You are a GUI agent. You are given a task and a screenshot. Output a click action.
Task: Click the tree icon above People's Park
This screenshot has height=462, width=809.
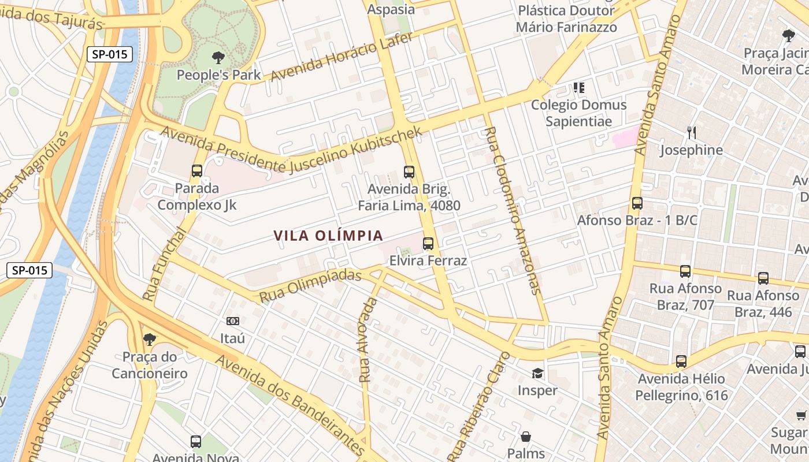tap(218, 57)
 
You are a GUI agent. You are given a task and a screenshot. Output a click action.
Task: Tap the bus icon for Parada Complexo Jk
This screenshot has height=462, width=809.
tap(197, 171)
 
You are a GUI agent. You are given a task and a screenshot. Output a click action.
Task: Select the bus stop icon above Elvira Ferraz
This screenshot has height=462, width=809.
tap(428, 244)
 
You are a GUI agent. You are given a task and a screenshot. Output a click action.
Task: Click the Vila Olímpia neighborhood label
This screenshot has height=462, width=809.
tap(328, 236)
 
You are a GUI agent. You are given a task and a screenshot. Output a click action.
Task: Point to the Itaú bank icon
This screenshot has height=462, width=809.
tap(233, 321)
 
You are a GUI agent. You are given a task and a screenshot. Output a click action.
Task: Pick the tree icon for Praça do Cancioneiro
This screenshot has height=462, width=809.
tap(150, 340)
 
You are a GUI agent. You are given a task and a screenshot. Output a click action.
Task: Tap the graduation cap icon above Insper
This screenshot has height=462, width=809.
tap(537, 373)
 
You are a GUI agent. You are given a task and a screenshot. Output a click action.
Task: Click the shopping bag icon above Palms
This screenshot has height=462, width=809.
tap(526, 436)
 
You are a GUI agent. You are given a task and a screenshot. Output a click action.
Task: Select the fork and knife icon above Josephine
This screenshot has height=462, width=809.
tap(692, 133)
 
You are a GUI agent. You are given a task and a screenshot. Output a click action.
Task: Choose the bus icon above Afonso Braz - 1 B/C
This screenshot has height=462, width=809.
tap(637, 203)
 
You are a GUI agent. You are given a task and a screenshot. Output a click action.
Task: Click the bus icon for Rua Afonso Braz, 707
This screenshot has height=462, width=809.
tap(685, 271)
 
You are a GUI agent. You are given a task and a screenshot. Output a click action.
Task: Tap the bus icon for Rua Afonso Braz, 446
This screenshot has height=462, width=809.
tap(763, 278)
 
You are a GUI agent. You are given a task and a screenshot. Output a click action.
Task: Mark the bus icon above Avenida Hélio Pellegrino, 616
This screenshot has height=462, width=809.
tap(681, 362)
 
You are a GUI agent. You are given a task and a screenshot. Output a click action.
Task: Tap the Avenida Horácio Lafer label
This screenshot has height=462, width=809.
tap(342, 56)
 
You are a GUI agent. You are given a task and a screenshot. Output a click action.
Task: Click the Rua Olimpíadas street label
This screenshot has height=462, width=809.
tap(310, 285)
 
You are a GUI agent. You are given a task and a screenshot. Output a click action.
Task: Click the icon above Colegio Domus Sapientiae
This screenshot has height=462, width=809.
tap(578, 88)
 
